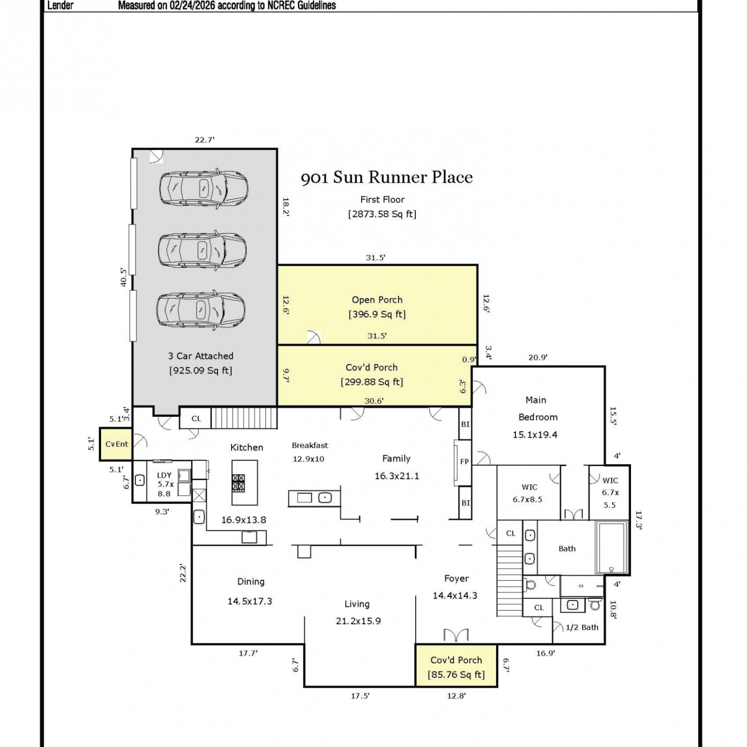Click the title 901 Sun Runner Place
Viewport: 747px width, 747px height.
387,177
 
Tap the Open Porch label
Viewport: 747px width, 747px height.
377,300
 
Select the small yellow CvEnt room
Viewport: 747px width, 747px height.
116,444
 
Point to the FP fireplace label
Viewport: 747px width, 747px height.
464,462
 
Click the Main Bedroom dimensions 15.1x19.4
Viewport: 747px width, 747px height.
535,435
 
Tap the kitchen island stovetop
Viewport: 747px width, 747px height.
238,483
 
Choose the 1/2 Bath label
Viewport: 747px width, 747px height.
582,627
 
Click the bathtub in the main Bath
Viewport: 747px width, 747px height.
612,547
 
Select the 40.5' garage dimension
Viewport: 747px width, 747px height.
123,277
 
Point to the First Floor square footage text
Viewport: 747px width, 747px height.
382,214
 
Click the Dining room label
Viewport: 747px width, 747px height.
251,582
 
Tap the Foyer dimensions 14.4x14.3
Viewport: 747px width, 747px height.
455,596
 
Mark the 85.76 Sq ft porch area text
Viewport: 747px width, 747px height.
456,675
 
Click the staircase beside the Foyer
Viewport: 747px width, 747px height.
509,581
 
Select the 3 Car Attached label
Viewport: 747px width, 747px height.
201,356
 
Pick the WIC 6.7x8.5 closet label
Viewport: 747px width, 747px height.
528,493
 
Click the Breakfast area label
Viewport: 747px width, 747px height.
310,445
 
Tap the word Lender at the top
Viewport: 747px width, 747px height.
60,5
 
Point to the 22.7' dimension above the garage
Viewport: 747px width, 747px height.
205,140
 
